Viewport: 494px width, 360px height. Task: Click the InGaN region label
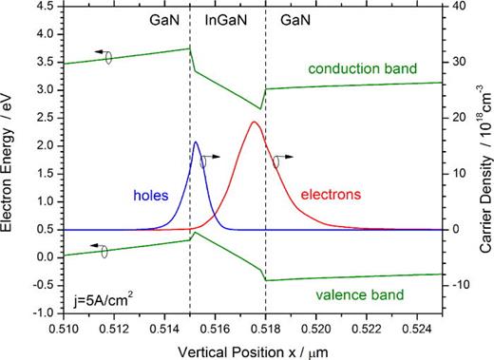coord(226,20)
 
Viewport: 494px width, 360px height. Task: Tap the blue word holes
coord(151,196)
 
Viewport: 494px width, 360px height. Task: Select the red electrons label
coord(331,195)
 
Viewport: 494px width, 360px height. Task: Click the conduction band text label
coord(363,68)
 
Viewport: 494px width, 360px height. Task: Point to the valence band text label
coord(360,294)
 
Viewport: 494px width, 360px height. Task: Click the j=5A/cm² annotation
coord(101,300)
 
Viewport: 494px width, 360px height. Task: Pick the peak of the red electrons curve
coord(254,122)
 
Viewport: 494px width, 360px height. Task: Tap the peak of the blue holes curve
coord(196,142)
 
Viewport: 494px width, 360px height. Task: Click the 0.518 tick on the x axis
coord(265,330)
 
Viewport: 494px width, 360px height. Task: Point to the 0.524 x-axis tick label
coord(417,330)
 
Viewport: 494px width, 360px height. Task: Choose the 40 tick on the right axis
coord(454,7)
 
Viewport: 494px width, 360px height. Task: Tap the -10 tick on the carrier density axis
coord(456,285)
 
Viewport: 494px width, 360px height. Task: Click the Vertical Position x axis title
coord(253,352)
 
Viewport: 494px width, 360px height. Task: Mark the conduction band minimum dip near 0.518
coord(260,109)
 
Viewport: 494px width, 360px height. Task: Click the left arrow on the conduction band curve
coord(102,51)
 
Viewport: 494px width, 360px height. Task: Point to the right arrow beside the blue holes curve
coord(211,157)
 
